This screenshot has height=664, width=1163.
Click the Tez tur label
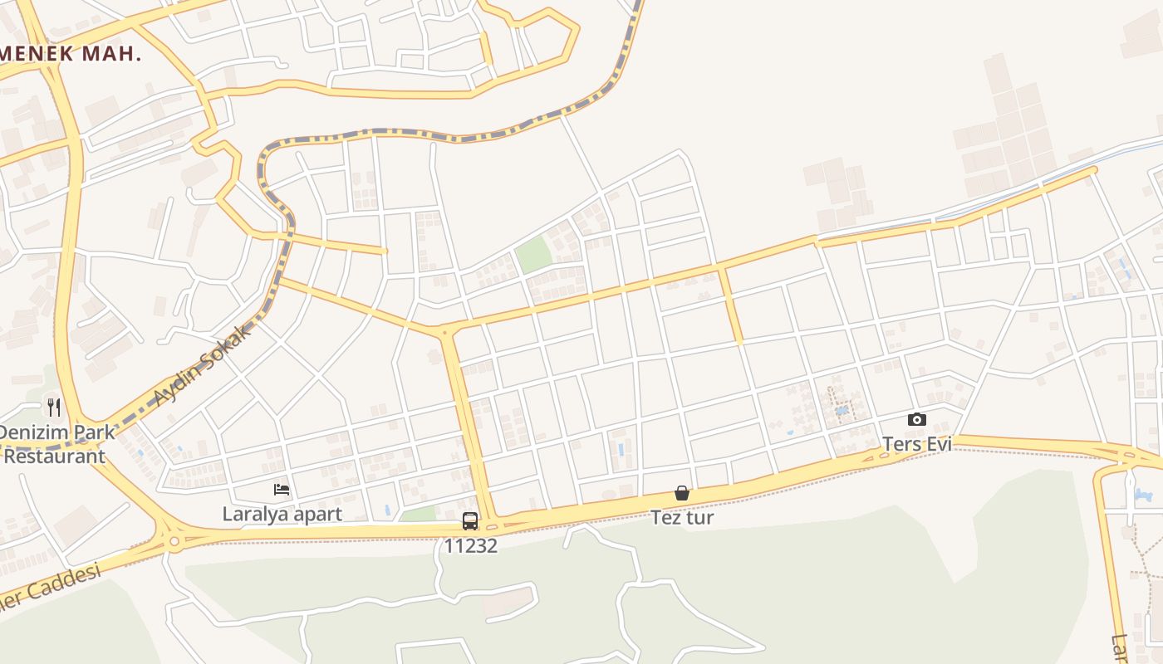click(x=682, y=518)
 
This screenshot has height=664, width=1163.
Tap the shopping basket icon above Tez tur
click(x=682, y=493)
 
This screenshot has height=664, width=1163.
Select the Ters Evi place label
click(x=916, y=444)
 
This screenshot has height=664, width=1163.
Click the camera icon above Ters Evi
click(x=916, y=419)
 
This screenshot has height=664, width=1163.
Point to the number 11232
click(x=470, y=545)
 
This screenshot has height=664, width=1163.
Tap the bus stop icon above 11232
click(x=470, y=521)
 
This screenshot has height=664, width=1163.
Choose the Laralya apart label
click(x=282, y=514)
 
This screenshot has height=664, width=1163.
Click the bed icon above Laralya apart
click(x=282, y=490)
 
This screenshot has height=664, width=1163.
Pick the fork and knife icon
click(x=54, y=407)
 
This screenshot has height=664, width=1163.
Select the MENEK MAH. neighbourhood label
click(x=70, y=54)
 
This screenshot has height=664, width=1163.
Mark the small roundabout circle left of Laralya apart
click(x=174, y=542)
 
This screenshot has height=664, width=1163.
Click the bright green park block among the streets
click(x=533, y=254)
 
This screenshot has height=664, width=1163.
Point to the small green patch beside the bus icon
click(x=419, y=515)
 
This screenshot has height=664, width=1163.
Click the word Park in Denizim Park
click(x=94, y=432)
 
